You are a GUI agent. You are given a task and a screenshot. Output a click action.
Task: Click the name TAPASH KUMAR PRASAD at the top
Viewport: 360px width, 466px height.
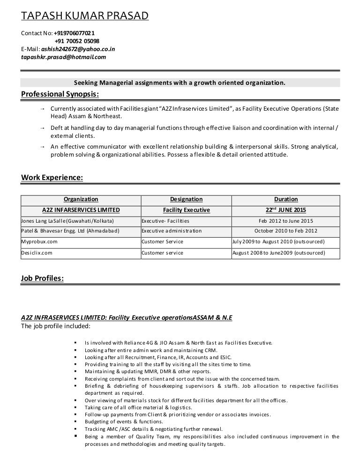(85, 17)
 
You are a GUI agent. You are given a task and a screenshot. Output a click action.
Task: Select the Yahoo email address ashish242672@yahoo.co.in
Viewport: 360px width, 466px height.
(78, 49)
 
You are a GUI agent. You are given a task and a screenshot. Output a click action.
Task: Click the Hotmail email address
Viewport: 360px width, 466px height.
(64, 57)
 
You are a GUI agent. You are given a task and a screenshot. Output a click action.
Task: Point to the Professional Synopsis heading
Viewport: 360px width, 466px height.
(60, 95)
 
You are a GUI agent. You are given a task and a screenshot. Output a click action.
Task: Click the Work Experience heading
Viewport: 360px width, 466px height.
(52, 178)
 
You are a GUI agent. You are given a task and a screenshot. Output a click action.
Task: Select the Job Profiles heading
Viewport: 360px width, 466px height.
(43, 278)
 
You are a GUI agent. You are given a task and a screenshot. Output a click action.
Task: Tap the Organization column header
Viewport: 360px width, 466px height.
(81, 199)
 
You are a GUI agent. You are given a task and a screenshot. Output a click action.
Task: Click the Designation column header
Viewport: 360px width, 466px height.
(186, 199)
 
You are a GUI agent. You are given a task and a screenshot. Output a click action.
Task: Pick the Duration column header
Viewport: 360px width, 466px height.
(286, 199)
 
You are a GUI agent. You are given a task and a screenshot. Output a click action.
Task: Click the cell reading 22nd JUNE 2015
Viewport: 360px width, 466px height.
(286, 210)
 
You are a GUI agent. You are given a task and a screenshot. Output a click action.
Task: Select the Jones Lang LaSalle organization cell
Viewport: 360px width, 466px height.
(68, 221)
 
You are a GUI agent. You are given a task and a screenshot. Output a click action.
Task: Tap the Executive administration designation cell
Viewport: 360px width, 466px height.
(172, 231)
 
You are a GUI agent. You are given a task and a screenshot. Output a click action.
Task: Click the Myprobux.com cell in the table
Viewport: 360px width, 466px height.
(39, 242)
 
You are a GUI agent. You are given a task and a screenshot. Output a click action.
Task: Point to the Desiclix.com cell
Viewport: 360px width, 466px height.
(37, 253)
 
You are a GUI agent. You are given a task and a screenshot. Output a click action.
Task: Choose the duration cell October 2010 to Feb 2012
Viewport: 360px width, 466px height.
(286, 231)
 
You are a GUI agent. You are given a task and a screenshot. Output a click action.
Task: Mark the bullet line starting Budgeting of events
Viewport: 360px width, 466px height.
(117, 422)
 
